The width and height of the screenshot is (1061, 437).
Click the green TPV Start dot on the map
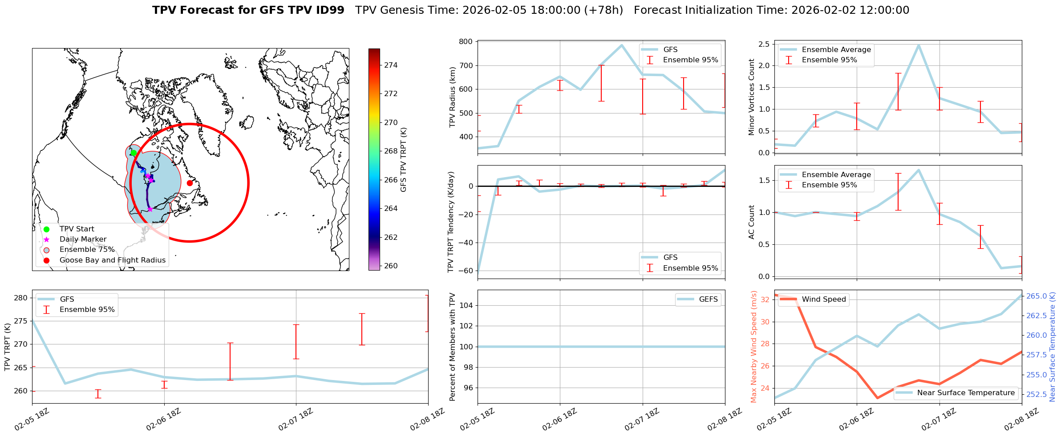(x=134, y=153)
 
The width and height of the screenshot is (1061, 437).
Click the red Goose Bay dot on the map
(x=190, y=183)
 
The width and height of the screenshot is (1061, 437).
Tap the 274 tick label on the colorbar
(x=391, y=65)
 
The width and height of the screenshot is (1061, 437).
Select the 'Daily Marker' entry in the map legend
(x=83, y=239)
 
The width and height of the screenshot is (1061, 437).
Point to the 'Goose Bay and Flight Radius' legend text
(x=112, y=260)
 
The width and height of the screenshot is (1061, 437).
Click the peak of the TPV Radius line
(x=622, y=45)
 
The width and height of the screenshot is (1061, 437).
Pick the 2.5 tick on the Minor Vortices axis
(x=764, y=44)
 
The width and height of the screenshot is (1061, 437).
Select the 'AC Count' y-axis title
(x=752, y=222)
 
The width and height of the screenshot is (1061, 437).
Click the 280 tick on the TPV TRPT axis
(x=21, y=298)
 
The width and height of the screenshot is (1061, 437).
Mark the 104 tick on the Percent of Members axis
(x=466, y=305)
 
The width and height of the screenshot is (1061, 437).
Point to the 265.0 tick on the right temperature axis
(x=1037, y=296)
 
